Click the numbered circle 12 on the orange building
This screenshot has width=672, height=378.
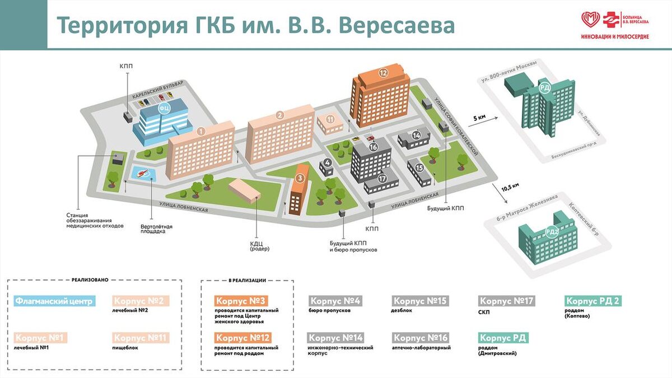pos(383,72)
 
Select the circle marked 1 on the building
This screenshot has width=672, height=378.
pos(201,131)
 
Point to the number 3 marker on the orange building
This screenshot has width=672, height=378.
pos(300,178)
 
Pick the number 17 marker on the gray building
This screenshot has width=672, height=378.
pos(382,179)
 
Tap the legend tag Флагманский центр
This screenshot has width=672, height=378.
pos(54,301)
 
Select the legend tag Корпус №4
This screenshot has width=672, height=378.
pos(335,301)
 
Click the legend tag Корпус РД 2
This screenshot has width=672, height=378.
pos(593,301)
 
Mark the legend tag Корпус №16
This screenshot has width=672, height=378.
pos(421,338)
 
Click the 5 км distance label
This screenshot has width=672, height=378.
pos(479,118)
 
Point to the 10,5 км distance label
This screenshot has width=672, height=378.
pos(510,188)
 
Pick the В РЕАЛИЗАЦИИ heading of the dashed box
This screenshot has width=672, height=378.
pos(247,280)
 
